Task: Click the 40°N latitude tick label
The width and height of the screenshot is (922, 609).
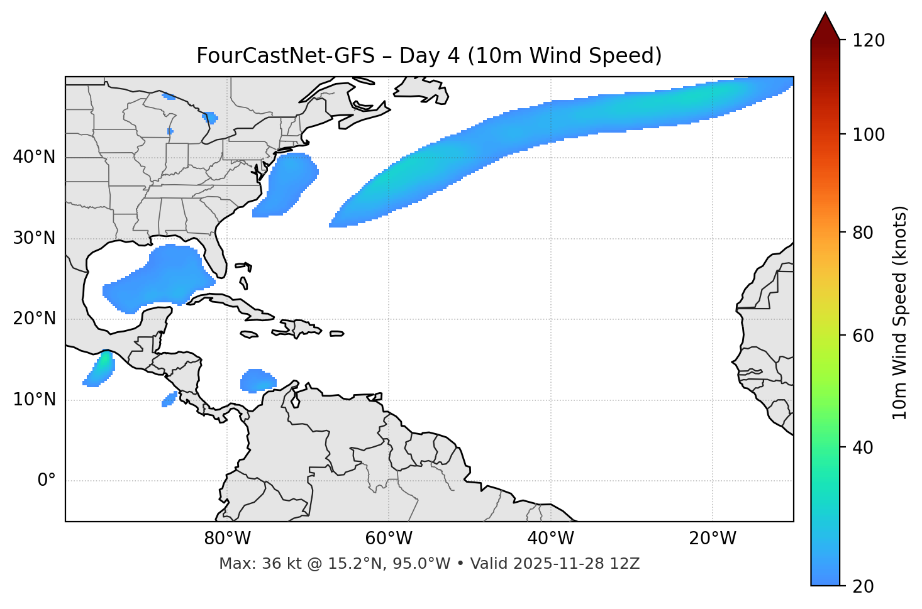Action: (x=34, y=157)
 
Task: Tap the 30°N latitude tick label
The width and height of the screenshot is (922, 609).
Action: (x=34, y=238)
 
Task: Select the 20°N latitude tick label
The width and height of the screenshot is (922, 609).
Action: (x=34, y=319)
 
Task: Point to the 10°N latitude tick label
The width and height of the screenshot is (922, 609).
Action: (x=34, y=400)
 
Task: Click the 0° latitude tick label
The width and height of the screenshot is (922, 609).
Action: (x=47, y=481)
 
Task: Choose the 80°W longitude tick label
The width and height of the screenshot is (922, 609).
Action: (x=227, y=539)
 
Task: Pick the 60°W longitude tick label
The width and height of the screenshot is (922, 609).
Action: (x=389, y=539)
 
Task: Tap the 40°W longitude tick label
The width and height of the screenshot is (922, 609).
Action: (x=551, y=539)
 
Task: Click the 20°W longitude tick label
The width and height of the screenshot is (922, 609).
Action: (x=713, y=539)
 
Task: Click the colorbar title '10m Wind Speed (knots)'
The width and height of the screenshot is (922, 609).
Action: (x=901, y=312)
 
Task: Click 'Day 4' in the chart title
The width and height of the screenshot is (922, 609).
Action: (x=429, y=56)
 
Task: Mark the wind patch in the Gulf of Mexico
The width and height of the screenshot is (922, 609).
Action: (x=164, y=277)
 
